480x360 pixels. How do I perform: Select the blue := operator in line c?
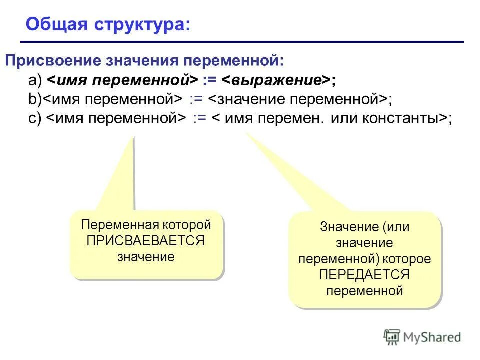[200, 118]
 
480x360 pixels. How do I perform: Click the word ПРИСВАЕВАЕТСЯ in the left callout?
[146, 241]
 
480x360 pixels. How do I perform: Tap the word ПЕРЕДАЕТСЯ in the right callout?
[365, 275]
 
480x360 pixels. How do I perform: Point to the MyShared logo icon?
[392, 337]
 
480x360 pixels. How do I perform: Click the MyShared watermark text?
[432, 337]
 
